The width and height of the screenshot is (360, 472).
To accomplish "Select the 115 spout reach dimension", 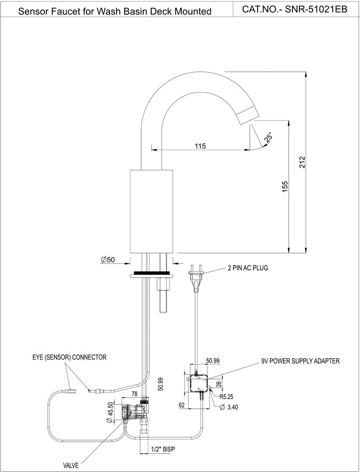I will coord(200,146).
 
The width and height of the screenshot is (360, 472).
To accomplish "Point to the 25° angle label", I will coord(269,137).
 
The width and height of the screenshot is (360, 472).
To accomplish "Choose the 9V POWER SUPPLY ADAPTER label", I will coord(300,361).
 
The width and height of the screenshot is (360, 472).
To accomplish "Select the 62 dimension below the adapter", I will coord(181,405).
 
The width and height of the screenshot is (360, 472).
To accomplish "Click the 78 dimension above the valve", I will coord(134,394).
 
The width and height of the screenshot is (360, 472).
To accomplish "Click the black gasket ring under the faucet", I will coord(152,273).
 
